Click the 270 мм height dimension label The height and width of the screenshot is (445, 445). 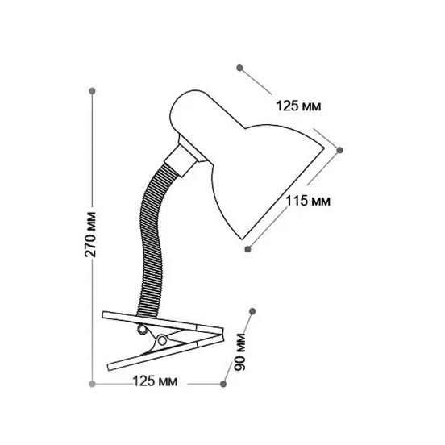click(x=91, y=235)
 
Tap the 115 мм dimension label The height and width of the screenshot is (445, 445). click(x=308, y=201)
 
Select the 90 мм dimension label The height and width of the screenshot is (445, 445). click(x=239, y=352)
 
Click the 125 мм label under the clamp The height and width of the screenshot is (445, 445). click(x=155, y=381)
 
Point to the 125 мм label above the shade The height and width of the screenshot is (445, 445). click(x=298, y=106)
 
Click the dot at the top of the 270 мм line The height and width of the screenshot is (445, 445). click(x=92, y=91)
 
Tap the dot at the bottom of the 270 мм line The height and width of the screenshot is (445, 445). click(x=92, y=384)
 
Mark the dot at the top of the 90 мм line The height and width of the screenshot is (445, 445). click(x=252, y=311)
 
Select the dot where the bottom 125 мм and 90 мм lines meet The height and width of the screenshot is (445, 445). click(x=223, y=384)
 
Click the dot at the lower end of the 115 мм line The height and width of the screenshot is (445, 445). click(x=247, y=249)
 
